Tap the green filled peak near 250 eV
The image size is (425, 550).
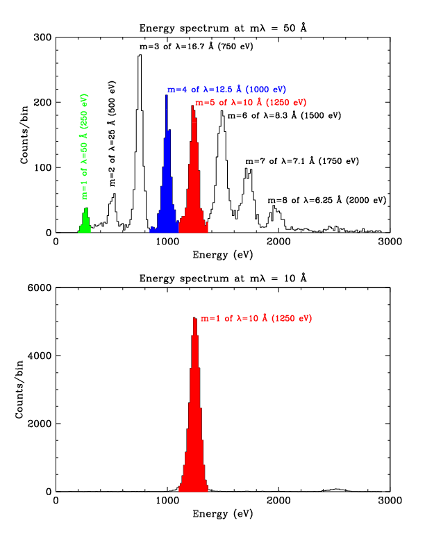click(85, 222)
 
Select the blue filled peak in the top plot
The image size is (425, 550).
click(167, 201)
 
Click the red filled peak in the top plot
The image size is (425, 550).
click(193, 194)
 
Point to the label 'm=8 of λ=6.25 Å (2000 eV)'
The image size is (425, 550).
click(326, 200)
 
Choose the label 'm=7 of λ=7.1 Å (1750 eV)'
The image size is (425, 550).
click(301, 161)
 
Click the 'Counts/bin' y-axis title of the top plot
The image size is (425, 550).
click(25, 135)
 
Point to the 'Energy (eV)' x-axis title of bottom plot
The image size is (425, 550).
click(222, 514)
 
